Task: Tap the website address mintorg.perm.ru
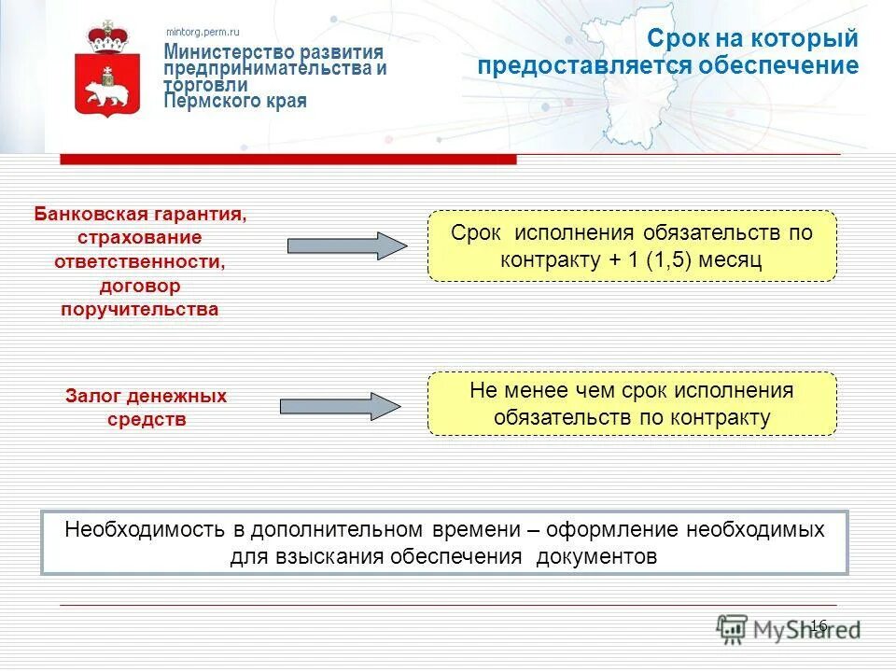[203, 32]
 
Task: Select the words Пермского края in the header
[235, 101]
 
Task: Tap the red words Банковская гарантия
[141, 215]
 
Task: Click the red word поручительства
[140, 309]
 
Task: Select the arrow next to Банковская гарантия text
[346, 245]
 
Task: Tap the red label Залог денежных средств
[146, 408]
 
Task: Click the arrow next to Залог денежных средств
[340, 406]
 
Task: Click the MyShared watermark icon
[734, 628]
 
